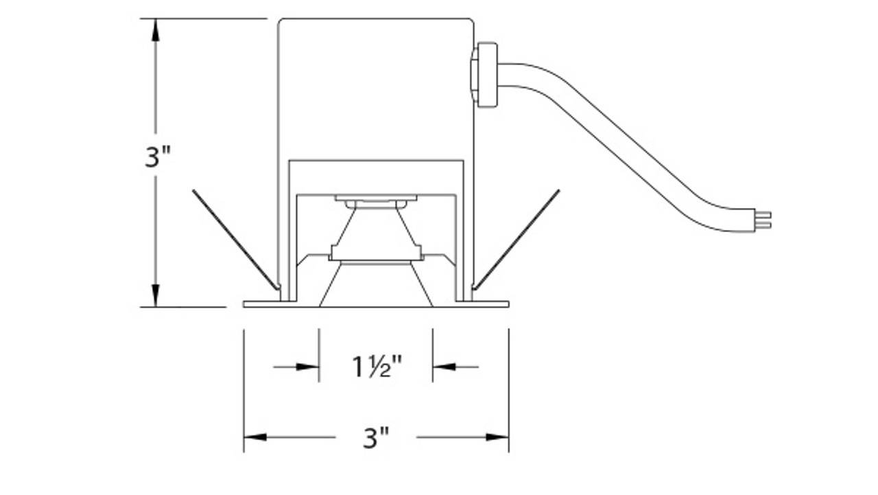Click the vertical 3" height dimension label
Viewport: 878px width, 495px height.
157,157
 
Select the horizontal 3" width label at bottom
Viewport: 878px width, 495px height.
376,437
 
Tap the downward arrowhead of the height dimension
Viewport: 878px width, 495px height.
156,296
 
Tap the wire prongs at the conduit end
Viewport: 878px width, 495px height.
763,220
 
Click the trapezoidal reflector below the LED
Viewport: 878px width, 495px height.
376,230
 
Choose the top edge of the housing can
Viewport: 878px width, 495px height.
376,19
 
